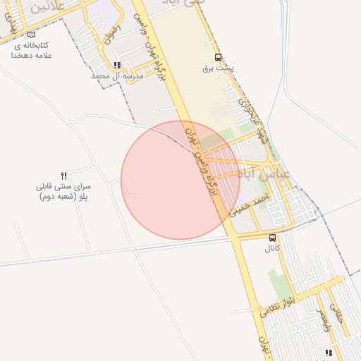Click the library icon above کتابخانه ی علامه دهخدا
pyautogui.click(x=30, y=34)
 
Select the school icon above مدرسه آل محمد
pyautogui.click(x=117, y=64)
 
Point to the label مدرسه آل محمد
pyautogui.click(x=118, y=75)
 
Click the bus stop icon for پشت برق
pyautogui.click(x=218, y=58)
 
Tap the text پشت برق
pyautogui.click(x=217, y=68)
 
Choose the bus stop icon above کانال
pyautogui.click(x=272, y=238)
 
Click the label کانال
pyautogui.click(x=272, y=249)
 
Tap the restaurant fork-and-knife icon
pyautogui.click(x=64, y=175)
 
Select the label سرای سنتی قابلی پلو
pyautogui.click(x=63, y=192)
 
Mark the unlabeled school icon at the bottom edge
pyautogui.click(x=328, y=352)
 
